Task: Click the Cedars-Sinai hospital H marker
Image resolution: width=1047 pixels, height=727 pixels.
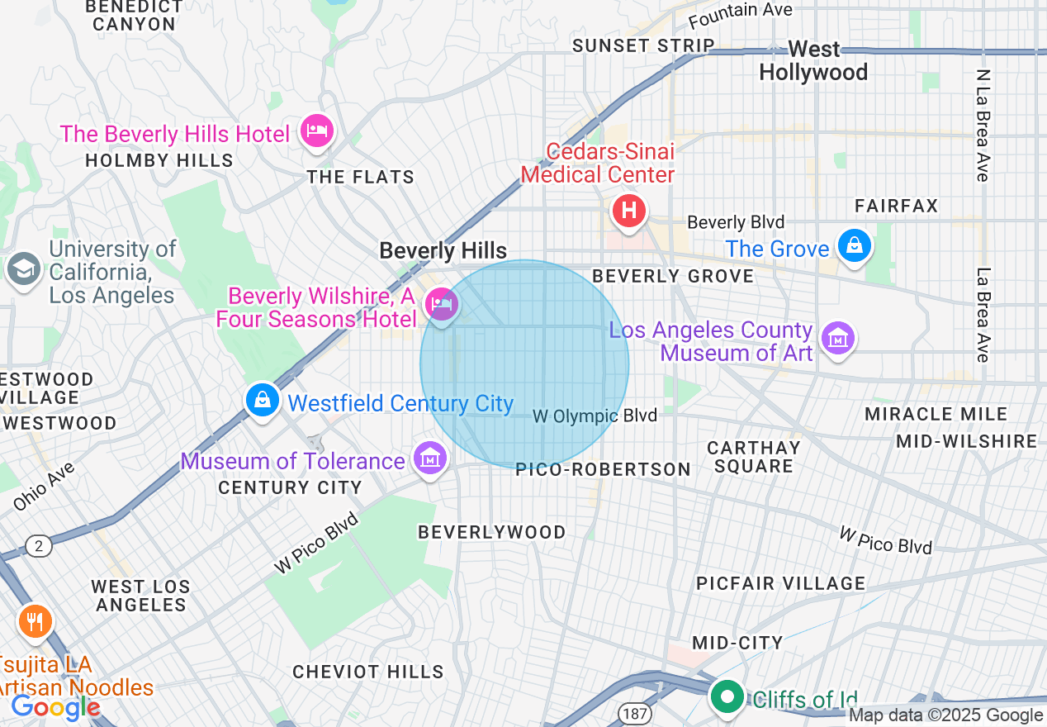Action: [628, 211]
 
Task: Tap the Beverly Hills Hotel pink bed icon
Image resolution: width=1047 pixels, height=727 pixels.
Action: [316, 131]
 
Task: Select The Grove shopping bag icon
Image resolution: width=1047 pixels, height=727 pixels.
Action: [854, 245]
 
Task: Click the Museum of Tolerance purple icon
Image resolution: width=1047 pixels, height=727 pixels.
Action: [429, 458]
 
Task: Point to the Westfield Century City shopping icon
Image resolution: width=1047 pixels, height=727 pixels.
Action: [262, 400]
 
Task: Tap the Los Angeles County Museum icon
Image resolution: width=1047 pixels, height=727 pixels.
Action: [838, 338]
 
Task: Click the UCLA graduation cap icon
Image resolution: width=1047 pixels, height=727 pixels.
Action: [23, 268]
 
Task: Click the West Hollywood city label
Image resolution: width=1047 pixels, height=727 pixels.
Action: [813, 61]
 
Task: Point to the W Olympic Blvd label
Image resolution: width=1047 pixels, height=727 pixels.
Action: [595, 416]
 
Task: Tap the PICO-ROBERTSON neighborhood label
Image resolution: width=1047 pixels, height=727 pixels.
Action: [603, 469]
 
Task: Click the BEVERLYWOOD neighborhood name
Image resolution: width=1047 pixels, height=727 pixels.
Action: [492, 532]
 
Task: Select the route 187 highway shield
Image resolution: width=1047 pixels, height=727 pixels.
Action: [637, 712]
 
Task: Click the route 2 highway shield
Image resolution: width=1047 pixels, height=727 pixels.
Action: [38, 545]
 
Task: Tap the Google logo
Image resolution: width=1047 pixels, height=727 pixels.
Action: [55, 707]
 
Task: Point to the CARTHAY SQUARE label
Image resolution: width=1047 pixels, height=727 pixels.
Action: [754, 457]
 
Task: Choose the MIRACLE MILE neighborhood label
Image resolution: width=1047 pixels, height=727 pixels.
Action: [936, 414]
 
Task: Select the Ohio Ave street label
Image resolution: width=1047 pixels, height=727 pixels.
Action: [45, 487]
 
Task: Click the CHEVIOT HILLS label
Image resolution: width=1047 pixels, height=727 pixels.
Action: [368, 672]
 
